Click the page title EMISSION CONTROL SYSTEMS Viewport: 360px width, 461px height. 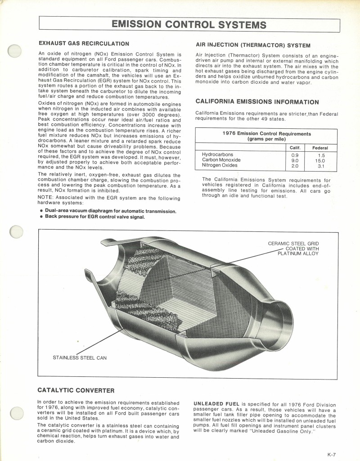point(189,24)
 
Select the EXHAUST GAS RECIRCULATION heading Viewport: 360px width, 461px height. point(84,44)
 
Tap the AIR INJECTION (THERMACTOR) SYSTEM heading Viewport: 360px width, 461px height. point(253,45)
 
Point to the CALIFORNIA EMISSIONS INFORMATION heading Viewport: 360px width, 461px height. point(257,102)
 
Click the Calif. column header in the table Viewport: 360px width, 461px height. point(295,148)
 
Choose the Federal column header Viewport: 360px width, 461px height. point(320,148)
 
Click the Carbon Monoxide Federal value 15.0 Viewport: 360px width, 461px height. point(320,160)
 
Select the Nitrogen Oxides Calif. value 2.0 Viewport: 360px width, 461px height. point(295,166)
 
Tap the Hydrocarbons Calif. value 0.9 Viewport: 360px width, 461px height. point(295,154)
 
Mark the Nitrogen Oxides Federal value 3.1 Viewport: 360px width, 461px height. point(320,166)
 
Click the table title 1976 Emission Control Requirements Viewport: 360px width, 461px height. point(266,134)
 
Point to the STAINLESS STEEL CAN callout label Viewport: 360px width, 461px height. point(80,358)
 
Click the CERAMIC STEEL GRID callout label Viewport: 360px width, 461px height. point(293,244)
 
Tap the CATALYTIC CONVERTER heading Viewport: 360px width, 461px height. point(76,390)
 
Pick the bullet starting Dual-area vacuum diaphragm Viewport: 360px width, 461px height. point(110,211)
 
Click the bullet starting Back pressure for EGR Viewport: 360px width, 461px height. point(94,217)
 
